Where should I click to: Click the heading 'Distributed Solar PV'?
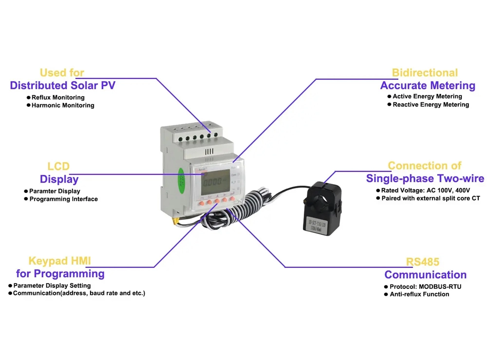click(x=62, y=86)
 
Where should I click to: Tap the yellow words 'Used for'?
click(x=62, y=73)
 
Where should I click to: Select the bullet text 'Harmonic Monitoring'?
click(x=63, y=105)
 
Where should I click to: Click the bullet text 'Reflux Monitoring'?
click(x=58, y=97)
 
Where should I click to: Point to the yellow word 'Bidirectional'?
click(x=425, y=73)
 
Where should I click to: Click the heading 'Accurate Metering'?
click(x=428, y=86)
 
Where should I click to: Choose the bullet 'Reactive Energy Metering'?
click(x=431, y=105)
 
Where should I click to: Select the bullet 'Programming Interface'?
click(x=63, y=199)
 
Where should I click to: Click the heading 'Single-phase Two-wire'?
click(x=425, y=178)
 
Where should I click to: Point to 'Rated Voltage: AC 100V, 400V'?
click(x=423, y=190)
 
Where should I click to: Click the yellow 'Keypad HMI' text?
click(x=59, y=261)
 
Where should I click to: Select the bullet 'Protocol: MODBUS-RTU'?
click(x=425, y=286)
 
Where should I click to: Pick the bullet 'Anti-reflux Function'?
click(x=419, y=294)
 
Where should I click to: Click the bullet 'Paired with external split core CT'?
click(x=434, y=198)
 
